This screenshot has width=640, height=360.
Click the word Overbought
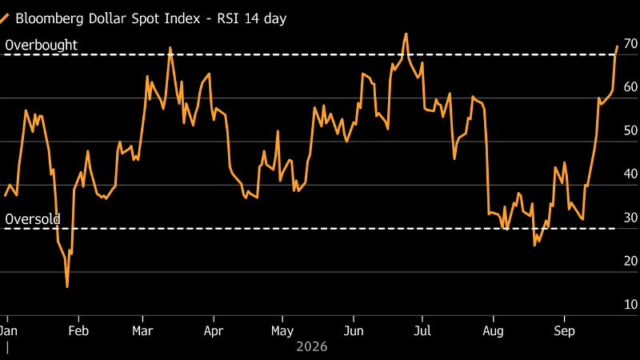click(x=42, y=45)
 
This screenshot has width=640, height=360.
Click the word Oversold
click(x=33, y=219)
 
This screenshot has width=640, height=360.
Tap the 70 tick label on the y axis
click(x=630, y=44)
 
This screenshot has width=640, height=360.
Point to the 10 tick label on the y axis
click(x=630, y=305)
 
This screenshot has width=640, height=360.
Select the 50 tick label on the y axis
click(x=630, y=130)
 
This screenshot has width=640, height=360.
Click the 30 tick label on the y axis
click(x=630, y=218)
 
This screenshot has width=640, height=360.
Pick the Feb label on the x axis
click(x=78, y=330)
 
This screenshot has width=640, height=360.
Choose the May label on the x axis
click(x=282, y=330)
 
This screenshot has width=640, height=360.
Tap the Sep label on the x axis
click(x=564, y=330)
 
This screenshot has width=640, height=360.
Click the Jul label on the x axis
click(x=422, y=330)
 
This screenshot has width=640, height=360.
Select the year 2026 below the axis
click(x=312, y=346)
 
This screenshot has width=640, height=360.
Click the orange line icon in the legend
click(x=5, y=18)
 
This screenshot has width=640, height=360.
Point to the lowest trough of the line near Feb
click(x=67, y=287)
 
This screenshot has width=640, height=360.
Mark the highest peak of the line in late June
click(x=406, y=34)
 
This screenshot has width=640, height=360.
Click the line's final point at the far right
click(x=617, y=46)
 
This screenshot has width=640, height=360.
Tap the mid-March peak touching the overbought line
click(x=170, y=48)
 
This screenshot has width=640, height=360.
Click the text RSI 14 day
click(x=252, y=18)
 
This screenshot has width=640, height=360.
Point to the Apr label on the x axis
click(x=214, y=330)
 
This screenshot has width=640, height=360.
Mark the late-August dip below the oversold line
click(x=534, y=245)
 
